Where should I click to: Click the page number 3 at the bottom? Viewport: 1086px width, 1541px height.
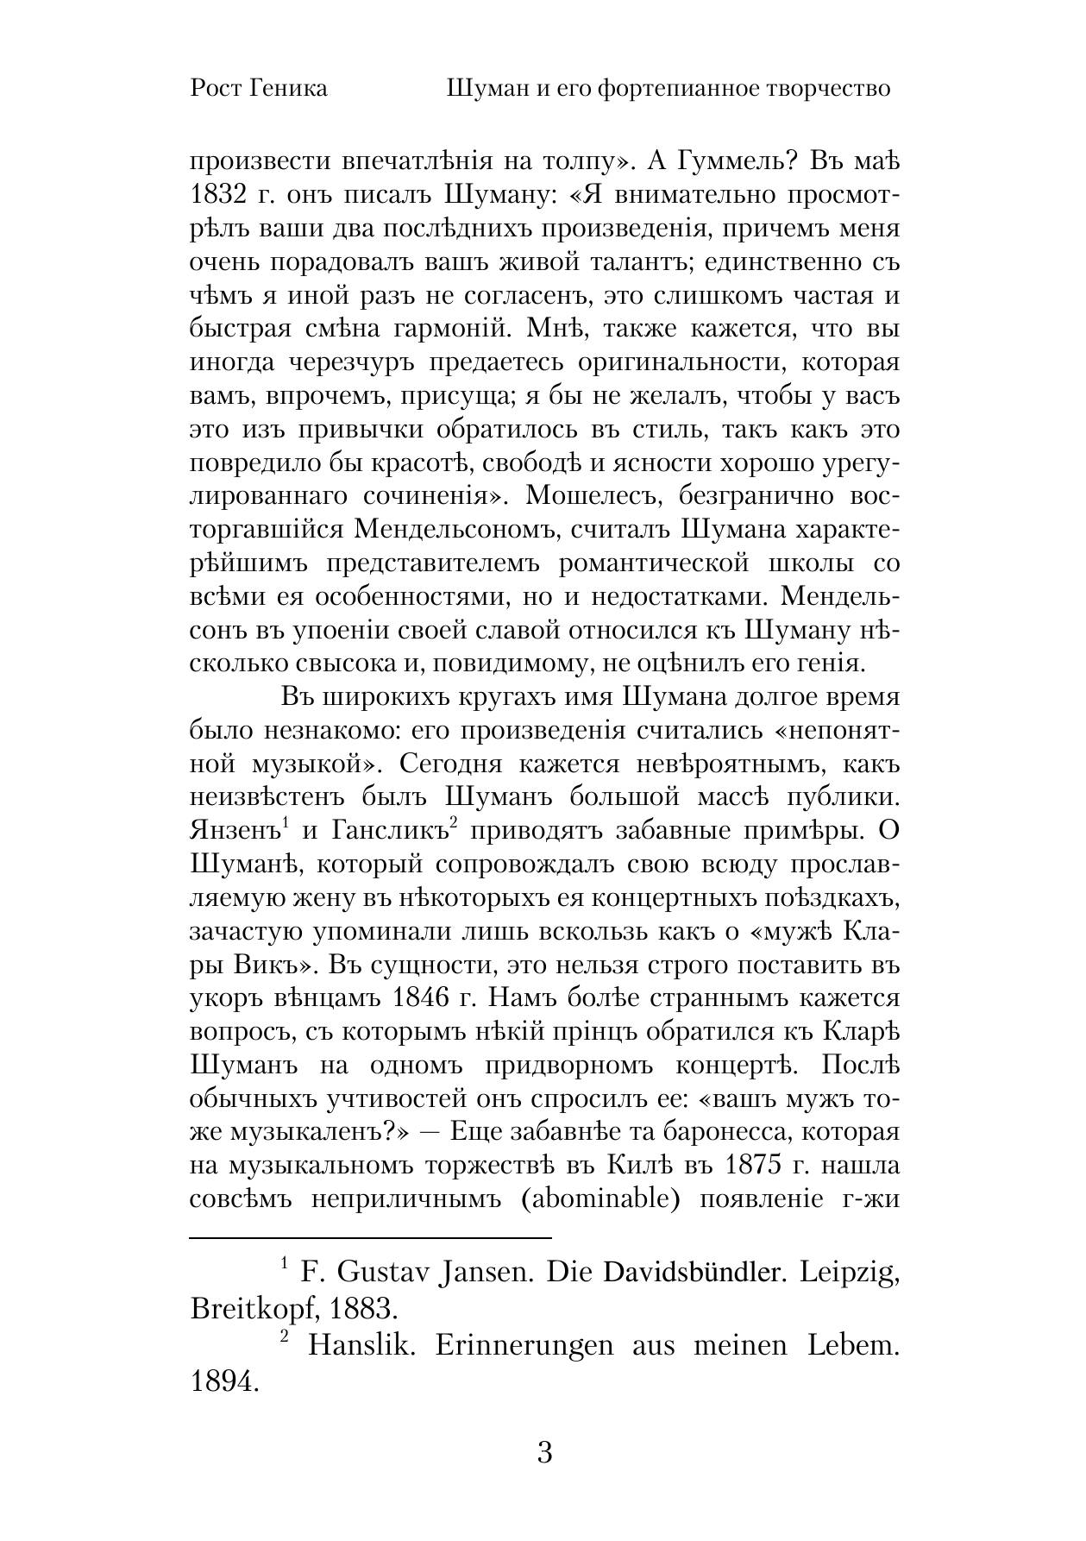pos(544,1452)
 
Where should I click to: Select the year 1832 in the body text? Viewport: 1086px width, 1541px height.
pos(218,195)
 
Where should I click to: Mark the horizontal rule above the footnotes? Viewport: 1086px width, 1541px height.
pos(370,1237)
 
